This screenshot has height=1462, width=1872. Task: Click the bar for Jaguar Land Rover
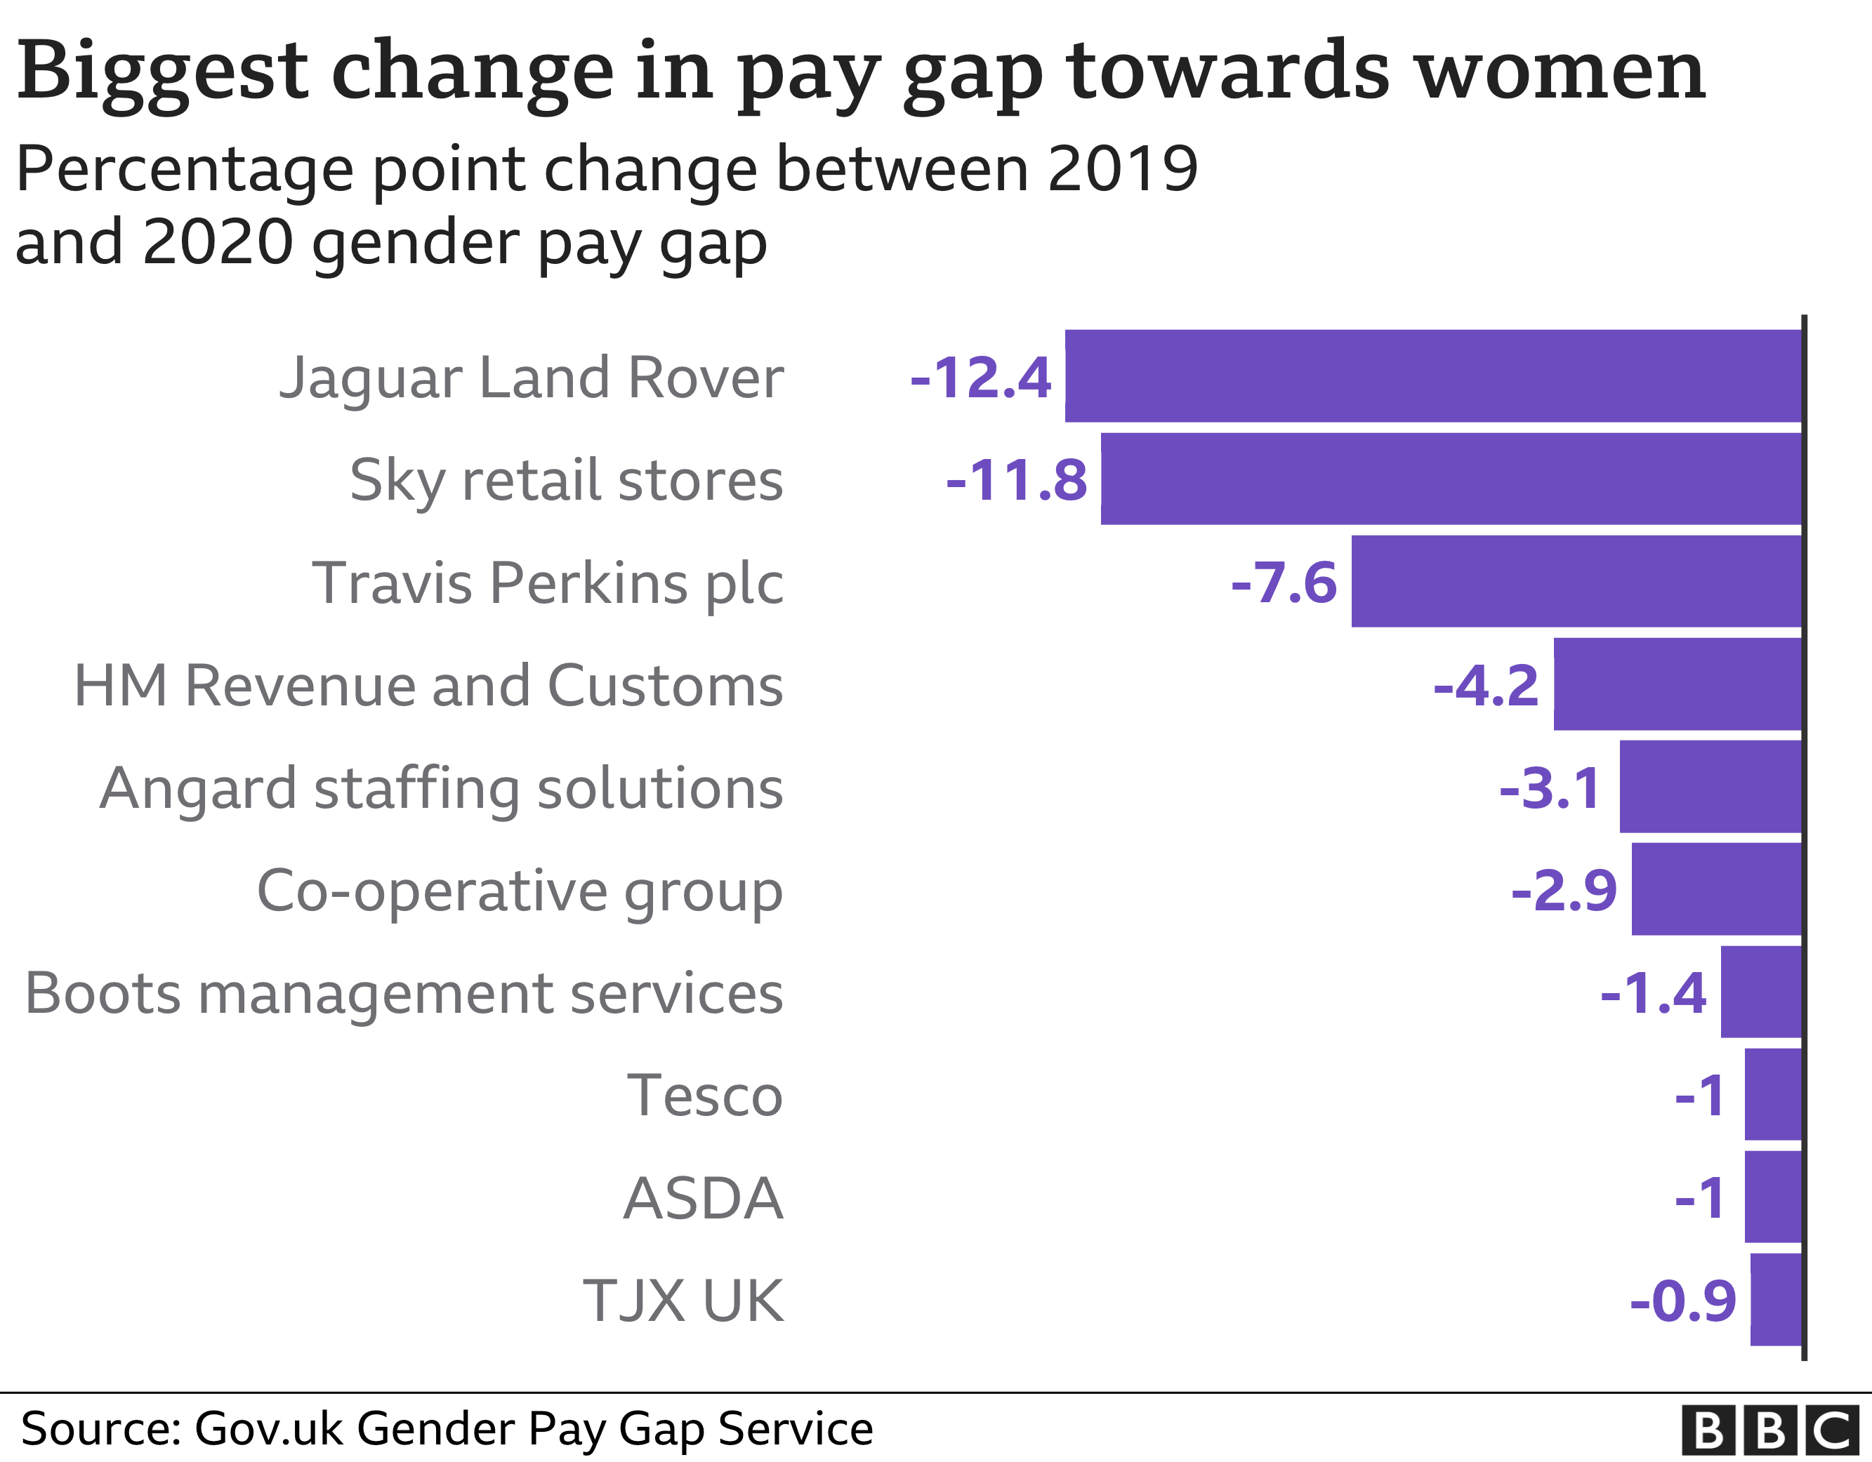pos(1433,376)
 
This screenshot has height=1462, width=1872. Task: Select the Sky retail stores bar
pos(1451,479)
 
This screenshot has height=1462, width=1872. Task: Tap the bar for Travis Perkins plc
pos(1576,582)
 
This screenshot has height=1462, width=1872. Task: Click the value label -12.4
pos(980,378)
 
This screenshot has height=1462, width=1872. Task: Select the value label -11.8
pos(1017,481)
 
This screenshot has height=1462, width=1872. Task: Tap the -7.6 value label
pos(1284,583)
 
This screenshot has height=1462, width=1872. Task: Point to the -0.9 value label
pos(1683,1302)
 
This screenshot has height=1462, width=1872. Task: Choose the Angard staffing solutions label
pos(442,788)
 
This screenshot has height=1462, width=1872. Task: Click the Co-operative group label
pos(520,891)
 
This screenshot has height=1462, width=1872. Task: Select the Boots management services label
pos(404,993)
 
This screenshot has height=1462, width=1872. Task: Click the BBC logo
pos(1769,1430)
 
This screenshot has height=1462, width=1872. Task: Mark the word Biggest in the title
pos(162,73)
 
